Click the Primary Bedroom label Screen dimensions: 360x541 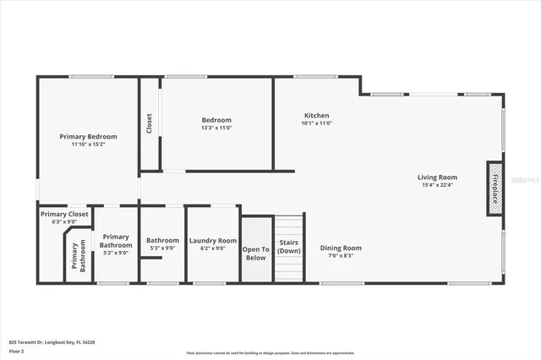[88, 136]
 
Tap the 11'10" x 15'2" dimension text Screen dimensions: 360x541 [88, 145]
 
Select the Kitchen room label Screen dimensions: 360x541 [316, 116]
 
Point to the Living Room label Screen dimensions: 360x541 [437, 177]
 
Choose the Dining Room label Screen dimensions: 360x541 [341, 248]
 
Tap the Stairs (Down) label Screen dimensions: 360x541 [289, 246]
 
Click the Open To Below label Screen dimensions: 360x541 [255, 253]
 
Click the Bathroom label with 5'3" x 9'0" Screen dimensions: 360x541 [162, 240]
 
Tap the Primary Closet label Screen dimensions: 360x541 [64, 215]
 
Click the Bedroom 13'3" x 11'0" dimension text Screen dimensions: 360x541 [216, 128]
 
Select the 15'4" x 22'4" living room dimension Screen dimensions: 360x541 [437, 186]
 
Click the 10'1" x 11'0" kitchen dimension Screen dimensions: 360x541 [316, 123]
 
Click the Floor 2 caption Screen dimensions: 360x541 [17, 351]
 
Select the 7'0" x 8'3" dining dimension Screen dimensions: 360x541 [341, 256]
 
